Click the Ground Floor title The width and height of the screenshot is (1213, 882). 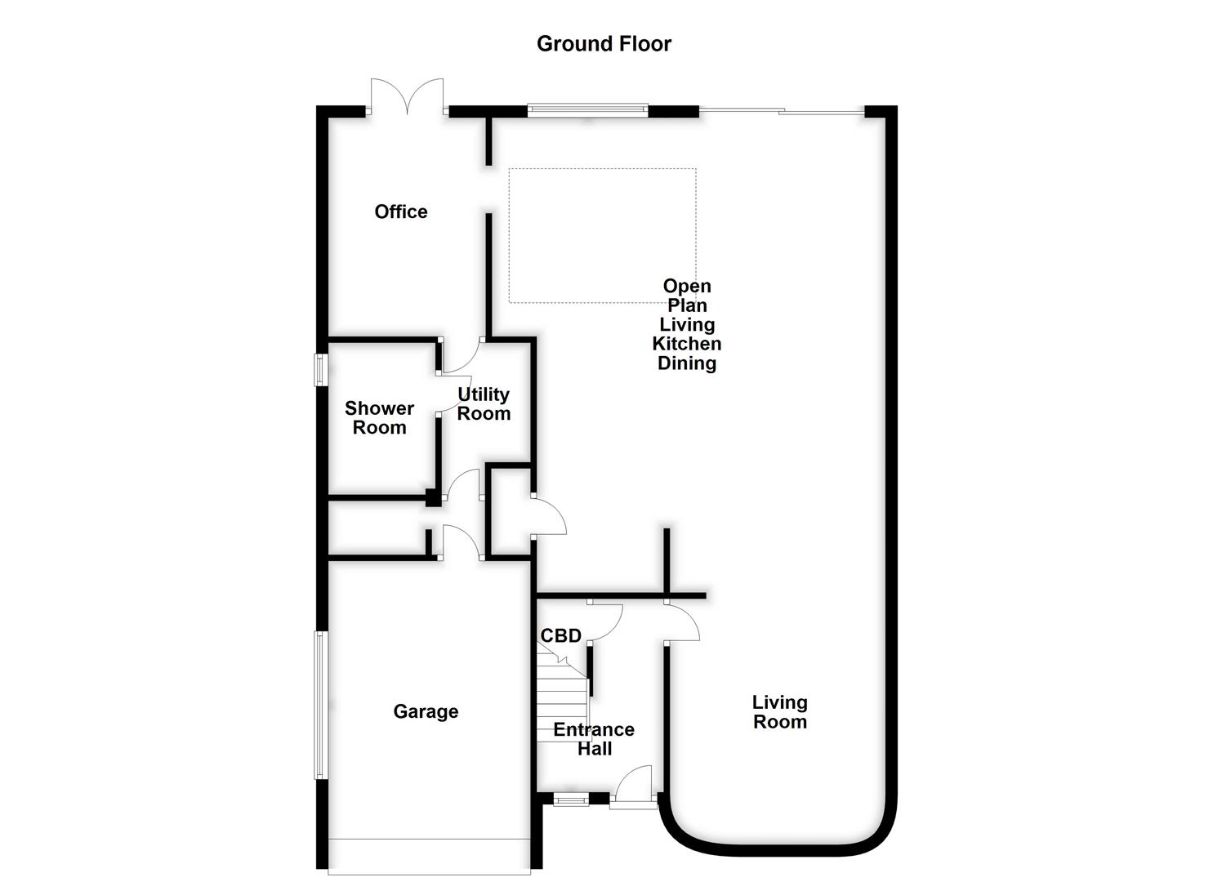coord(604,44)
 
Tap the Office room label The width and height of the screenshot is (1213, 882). coord(401,212)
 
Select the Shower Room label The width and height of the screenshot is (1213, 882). coord(379,417)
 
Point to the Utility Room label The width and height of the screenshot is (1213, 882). coord(484,404)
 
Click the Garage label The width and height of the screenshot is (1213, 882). coord(426,711)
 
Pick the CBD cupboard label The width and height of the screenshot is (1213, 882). coord(561,635)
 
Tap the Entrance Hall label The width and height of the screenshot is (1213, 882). coord(594,739)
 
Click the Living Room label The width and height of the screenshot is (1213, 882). coord(779,711)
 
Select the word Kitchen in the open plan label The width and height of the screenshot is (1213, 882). coord(686,344)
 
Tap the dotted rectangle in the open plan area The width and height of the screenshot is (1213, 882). coord(602,235)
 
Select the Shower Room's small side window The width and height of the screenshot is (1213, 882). coord(321,369)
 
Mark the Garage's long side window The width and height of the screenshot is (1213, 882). coord(321,705)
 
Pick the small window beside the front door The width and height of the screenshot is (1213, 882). coord(571,800)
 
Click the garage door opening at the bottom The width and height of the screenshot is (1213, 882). coord(429,856)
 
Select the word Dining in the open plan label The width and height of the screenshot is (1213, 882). coord(686,363)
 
